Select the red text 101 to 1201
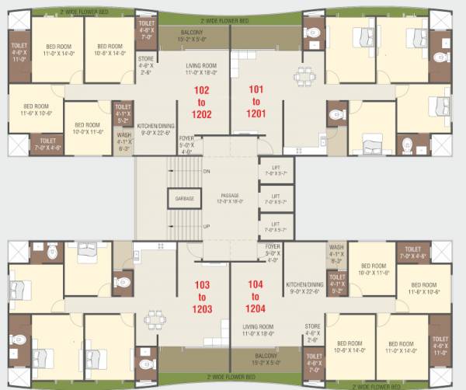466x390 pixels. [x=256, y=102]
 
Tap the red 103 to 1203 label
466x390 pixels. [x=201, y=298]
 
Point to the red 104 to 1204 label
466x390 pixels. [x=256, y=298]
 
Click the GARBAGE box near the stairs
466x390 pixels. [x=184, y=198]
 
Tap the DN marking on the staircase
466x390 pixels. [x=207, y=170]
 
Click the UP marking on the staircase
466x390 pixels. [x=207, y=226]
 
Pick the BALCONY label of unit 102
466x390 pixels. [x=192, y=34]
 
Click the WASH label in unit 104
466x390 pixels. [x=336, y=253]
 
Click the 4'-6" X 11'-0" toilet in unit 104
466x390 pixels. [x=440, y=346]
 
